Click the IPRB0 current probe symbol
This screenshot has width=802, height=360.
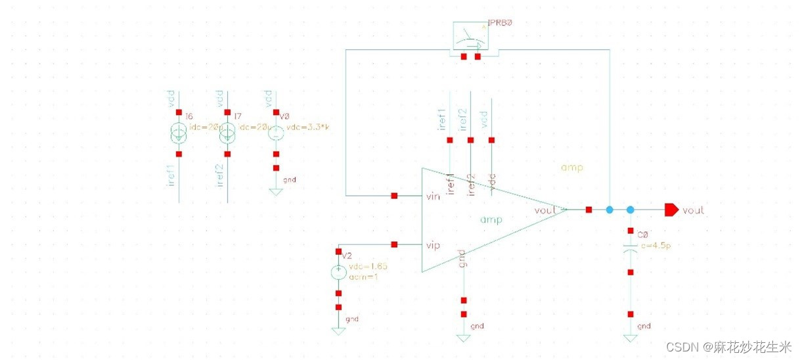coord(470,38)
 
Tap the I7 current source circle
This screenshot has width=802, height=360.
coord(227,133)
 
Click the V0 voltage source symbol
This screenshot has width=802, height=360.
coord(276,133)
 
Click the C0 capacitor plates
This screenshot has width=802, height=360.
coord(631,251)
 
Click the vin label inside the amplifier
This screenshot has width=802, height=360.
coord(434,196)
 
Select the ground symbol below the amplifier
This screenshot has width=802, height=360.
coord(464,337)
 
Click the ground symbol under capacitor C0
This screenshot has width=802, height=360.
coord(631,337)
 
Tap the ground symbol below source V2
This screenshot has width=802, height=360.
coord(338,330)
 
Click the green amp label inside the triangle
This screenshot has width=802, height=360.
coord(491,220)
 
